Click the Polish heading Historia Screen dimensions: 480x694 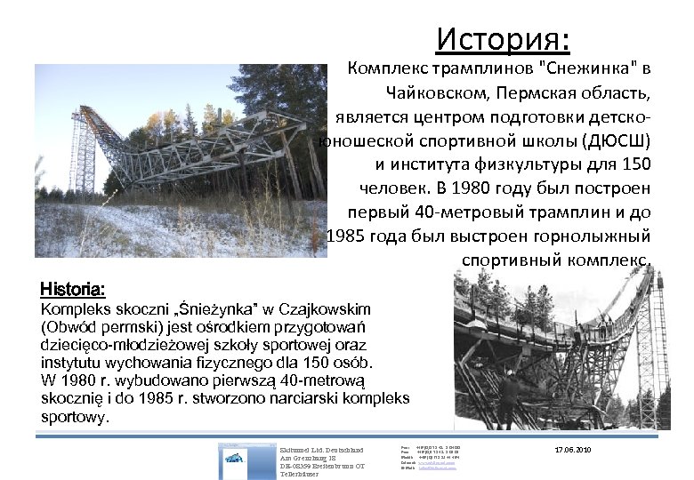coord(74,291)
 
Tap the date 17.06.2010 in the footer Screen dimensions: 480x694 coord(571,450)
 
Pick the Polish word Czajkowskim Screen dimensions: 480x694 coord(322,308)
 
